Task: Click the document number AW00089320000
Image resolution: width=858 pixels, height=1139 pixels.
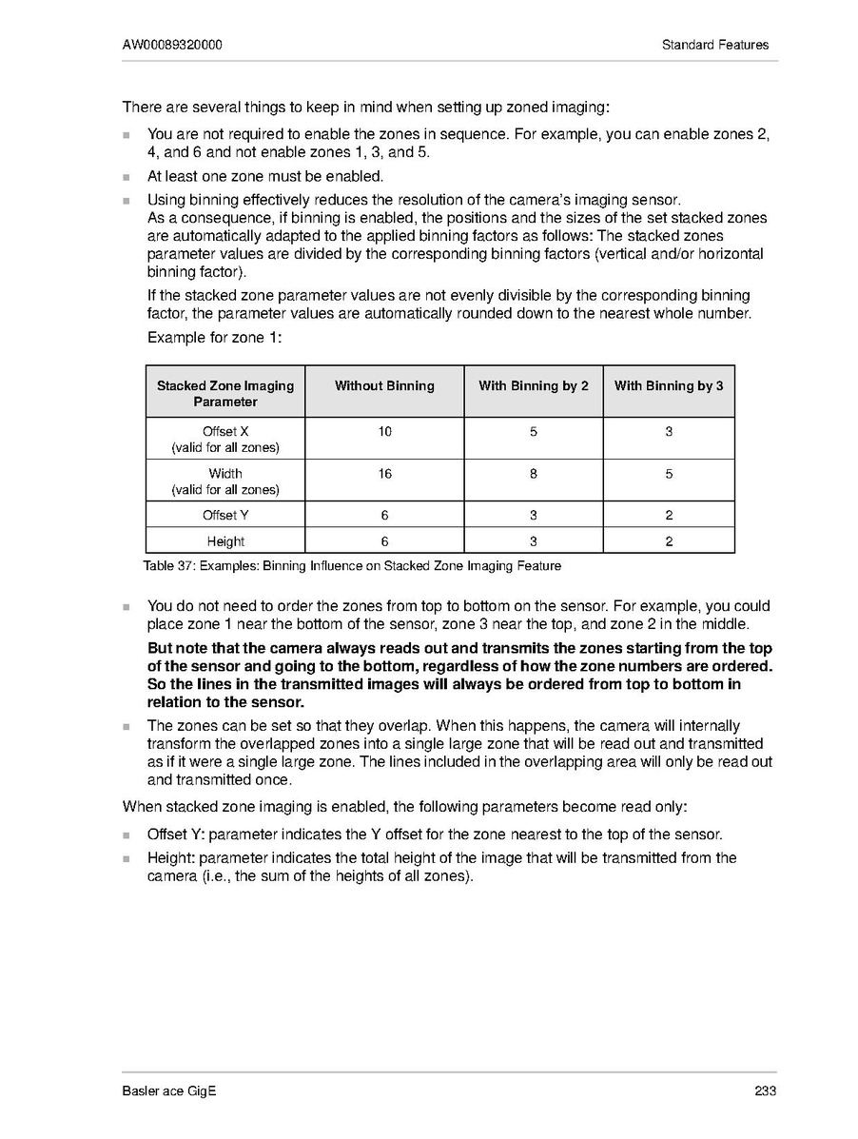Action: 173,45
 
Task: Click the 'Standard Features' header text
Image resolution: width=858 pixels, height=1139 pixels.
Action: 715,45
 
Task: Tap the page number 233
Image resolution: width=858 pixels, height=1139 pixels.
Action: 766,1091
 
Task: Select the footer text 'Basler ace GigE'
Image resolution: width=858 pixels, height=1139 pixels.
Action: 169,1091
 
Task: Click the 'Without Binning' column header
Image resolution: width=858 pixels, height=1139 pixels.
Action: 384,386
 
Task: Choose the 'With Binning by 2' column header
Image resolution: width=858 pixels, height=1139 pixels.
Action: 534,386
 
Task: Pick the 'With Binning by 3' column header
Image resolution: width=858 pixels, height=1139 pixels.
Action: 669,386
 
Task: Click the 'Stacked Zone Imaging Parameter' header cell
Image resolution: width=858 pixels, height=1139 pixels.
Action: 225,394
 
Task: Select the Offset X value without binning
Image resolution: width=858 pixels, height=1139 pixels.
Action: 384,432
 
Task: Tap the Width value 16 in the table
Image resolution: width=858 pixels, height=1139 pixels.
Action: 384,474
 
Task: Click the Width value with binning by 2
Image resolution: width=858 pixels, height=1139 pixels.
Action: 534,474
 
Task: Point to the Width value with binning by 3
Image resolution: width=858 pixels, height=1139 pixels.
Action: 669,474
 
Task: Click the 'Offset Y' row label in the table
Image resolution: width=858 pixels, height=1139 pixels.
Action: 225,516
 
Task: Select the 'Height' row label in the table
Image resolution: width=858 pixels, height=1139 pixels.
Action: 225,541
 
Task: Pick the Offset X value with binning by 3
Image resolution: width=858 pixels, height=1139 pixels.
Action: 669,432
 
